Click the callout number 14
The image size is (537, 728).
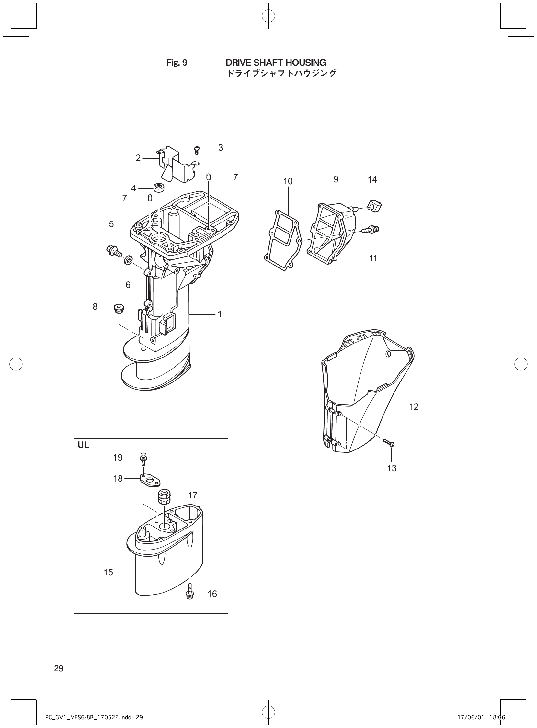click(372, 179)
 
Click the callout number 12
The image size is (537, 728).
click(414, 406)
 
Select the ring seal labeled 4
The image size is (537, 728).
click(159, 188)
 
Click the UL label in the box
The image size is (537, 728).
click(83, 445)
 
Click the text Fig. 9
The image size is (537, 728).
click(177, 63)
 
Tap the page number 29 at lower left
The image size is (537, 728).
click(59, 668)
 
